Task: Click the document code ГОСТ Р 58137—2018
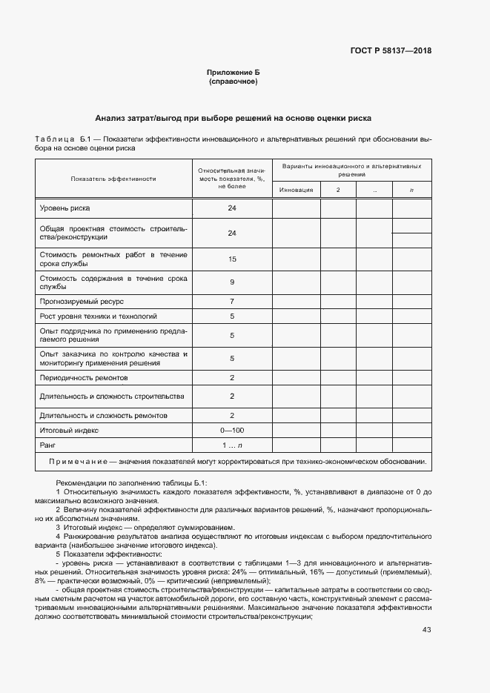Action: pyautogui.click(x=390, y=51)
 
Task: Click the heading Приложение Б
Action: pyautogui.click(x=234, y=73)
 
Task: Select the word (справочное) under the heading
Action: pyautogui.click(x=234, y=82)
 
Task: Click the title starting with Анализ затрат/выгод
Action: pyautogui.click(x=234, y=118)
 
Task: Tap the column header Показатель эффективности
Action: pyautogui.click(x=113, y=179)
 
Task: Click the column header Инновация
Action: pyautogui.click(x=297, y=190)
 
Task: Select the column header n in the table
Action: pyautogui.click(x=411, y=190)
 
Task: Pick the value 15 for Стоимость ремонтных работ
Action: pyautogui.click(x=232, y=259)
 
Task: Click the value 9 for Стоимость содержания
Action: pyautogui.click(x=232, y=282)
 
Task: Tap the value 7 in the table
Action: pyautogui.click(x=232, y=302)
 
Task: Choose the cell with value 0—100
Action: pyautogui.click(x=232, y=430)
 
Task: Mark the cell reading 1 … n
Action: pyautogui.click(x=232, y=445)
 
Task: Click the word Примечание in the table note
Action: pyautogui.click(x=78, y=462)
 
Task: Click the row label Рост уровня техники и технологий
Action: pyautogui.click(x=87, y=316)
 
